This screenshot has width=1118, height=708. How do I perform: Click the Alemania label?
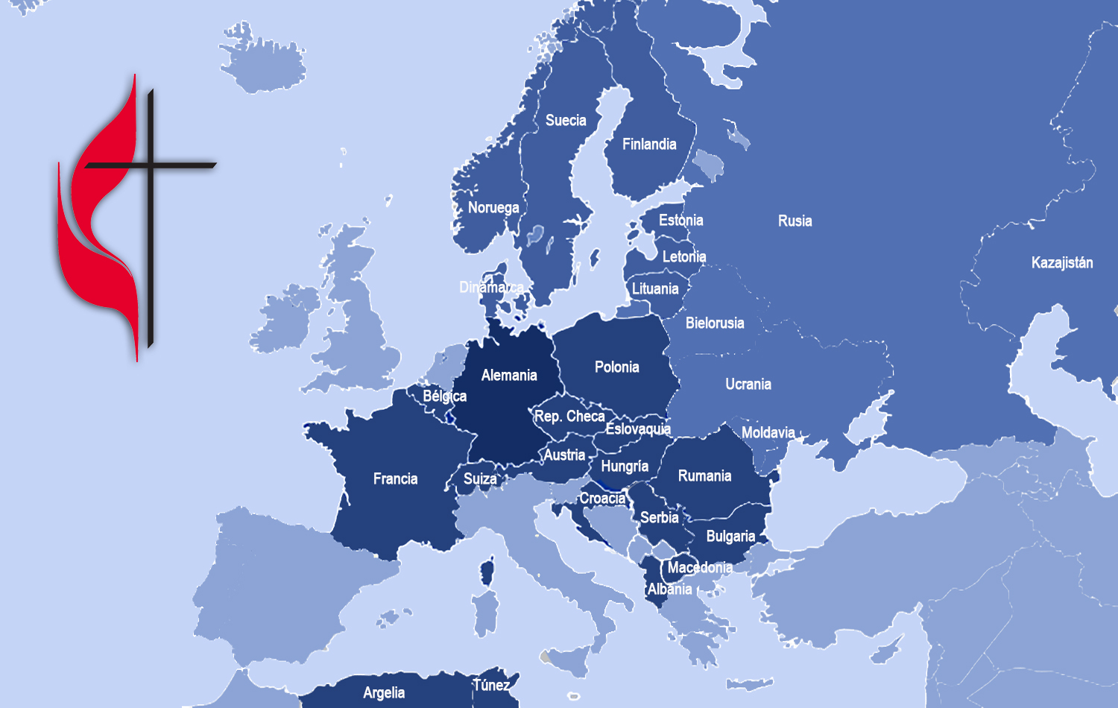point(509,375)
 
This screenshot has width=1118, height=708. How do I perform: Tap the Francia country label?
point(395,478)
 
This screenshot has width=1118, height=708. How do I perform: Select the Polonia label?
point(616,367)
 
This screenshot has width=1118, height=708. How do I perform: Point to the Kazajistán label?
point(1061,262)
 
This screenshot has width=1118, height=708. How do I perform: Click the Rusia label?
point(795,221)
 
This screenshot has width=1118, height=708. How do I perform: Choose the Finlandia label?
point(649,144)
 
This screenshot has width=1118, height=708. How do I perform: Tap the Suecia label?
point(566,120)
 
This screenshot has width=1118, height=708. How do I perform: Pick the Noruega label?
point(493,207)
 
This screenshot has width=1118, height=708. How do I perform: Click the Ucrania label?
point(748,384)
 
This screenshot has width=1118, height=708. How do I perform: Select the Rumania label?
point(704,475)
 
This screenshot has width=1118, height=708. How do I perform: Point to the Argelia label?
point(384,692)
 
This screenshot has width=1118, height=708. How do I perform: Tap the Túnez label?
point(492,685)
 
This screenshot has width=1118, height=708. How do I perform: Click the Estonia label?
point(680,220)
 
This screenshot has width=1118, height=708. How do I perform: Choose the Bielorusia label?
point(715,323)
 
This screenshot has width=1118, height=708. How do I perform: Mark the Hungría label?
point(625,466)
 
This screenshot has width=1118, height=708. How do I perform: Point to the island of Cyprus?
point(886,652)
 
